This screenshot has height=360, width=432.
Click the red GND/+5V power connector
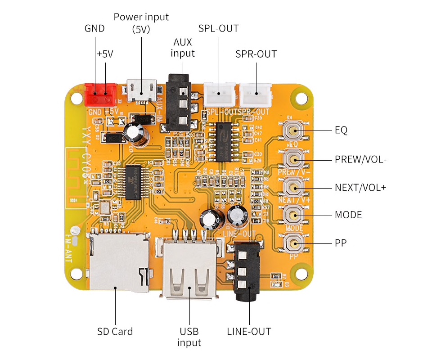click(100, 94)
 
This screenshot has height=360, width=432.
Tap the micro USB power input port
click(142, 90)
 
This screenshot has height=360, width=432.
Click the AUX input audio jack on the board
click(179, 101)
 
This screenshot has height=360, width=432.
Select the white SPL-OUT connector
click(220, 93)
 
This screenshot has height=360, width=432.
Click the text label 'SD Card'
click(115, 332)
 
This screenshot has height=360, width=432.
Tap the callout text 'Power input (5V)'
click(141, 23)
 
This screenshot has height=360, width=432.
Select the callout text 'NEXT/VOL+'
click(360, 187)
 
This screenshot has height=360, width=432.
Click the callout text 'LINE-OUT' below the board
click(249, 332)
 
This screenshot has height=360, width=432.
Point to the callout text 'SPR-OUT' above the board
click(256, 54)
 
